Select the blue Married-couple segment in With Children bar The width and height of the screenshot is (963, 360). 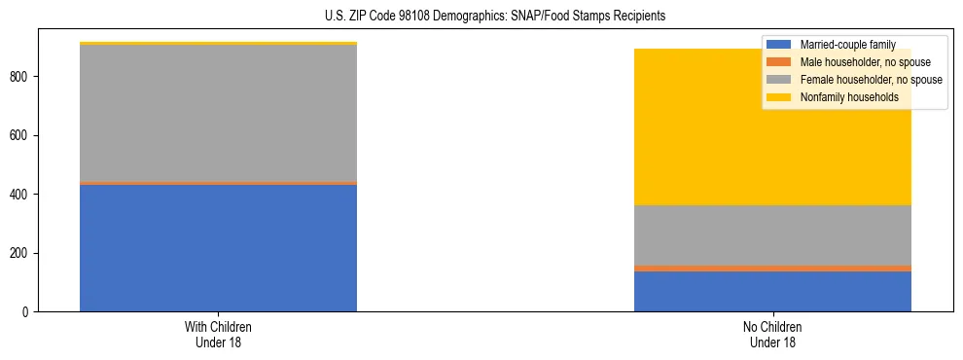[x=218, y=248]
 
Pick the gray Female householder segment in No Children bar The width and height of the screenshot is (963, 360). [x=772, y=234]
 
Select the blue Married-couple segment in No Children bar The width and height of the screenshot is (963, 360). [x=772, y=291]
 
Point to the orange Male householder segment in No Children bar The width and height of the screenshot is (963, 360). [x=772, y=268]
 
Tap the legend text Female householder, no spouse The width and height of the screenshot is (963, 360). [x=870, y=80]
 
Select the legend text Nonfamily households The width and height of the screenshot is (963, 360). [x=848, y=97]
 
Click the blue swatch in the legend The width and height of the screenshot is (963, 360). [x=779, y=45]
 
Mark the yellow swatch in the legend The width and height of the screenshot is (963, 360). [x=779, y=97]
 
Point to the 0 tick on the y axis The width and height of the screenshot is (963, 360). [x=28, y=312]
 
